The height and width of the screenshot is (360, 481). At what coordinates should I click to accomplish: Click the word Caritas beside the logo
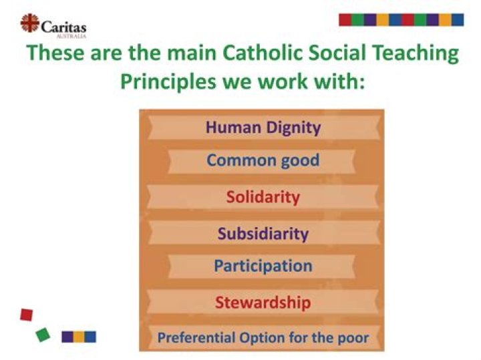click(63, 26)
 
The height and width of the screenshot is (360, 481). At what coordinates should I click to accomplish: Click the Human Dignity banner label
click(263, 127)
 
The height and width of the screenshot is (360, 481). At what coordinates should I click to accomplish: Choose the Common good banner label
click(263, 160)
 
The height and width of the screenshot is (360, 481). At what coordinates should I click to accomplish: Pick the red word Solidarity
click(263, 198)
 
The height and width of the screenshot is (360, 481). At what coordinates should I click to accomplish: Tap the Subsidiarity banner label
click(263, 234)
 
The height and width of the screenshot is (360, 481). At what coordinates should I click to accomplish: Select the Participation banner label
click(263, 266)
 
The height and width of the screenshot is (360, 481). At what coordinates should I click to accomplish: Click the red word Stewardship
click(263, 303)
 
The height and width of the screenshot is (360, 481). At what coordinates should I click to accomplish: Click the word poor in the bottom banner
click(353, 338)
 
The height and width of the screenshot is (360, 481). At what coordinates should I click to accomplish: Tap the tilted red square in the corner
click(26, 313)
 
